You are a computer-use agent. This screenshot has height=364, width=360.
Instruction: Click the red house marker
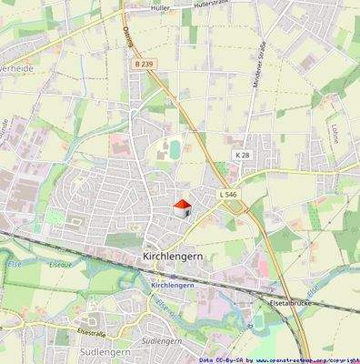pos(182,207)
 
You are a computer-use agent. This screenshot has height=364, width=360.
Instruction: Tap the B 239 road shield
pos(145,65)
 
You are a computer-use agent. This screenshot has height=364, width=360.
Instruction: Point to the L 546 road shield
pos(227,195)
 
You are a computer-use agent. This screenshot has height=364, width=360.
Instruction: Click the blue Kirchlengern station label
pos(173,285)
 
